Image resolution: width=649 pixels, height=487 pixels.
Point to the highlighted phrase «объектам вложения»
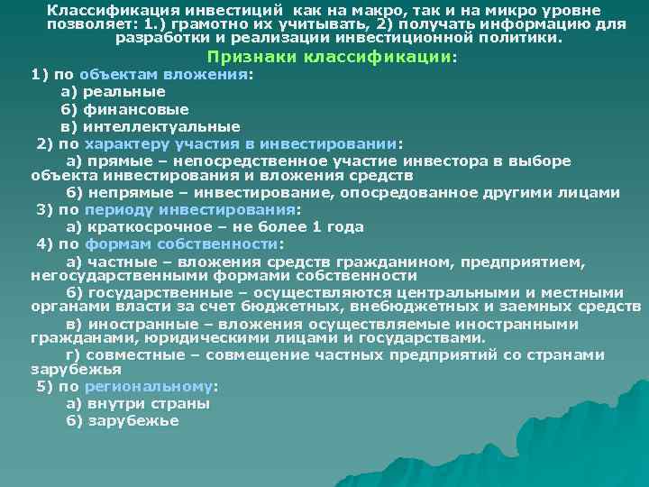point(162,75)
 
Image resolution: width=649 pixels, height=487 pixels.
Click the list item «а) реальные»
point(113,92)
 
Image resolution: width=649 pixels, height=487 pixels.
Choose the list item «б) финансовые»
point(118,109)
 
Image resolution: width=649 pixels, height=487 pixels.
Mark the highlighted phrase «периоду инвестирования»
point(190,209)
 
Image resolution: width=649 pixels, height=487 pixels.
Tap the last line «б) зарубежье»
point(123,420)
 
